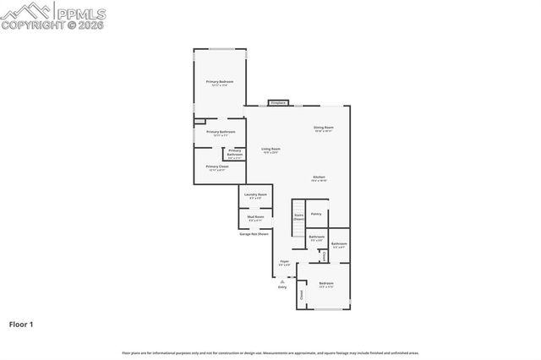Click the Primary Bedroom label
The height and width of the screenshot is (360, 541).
point(219,83)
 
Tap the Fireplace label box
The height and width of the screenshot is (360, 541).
point(278,103)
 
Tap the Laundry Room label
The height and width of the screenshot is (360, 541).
point(255,196)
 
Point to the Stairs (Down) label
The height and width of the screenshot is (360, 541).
point(298,217)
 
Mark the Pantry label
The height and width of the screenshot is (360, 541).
point(315,214)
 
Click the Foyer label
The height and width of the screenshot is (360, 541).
point(285,263)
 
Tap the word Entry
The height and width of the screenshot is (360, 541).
point(282,287)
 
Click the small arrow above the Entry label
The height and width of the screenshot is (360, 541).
point(282,281)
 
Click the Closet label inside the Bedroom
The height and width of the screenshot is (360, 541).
point(301,295)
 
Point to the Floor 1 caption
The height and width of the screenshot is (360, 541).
point(22,324)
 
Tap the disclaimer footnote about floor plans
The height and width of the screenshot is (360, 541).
point(270,352)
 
